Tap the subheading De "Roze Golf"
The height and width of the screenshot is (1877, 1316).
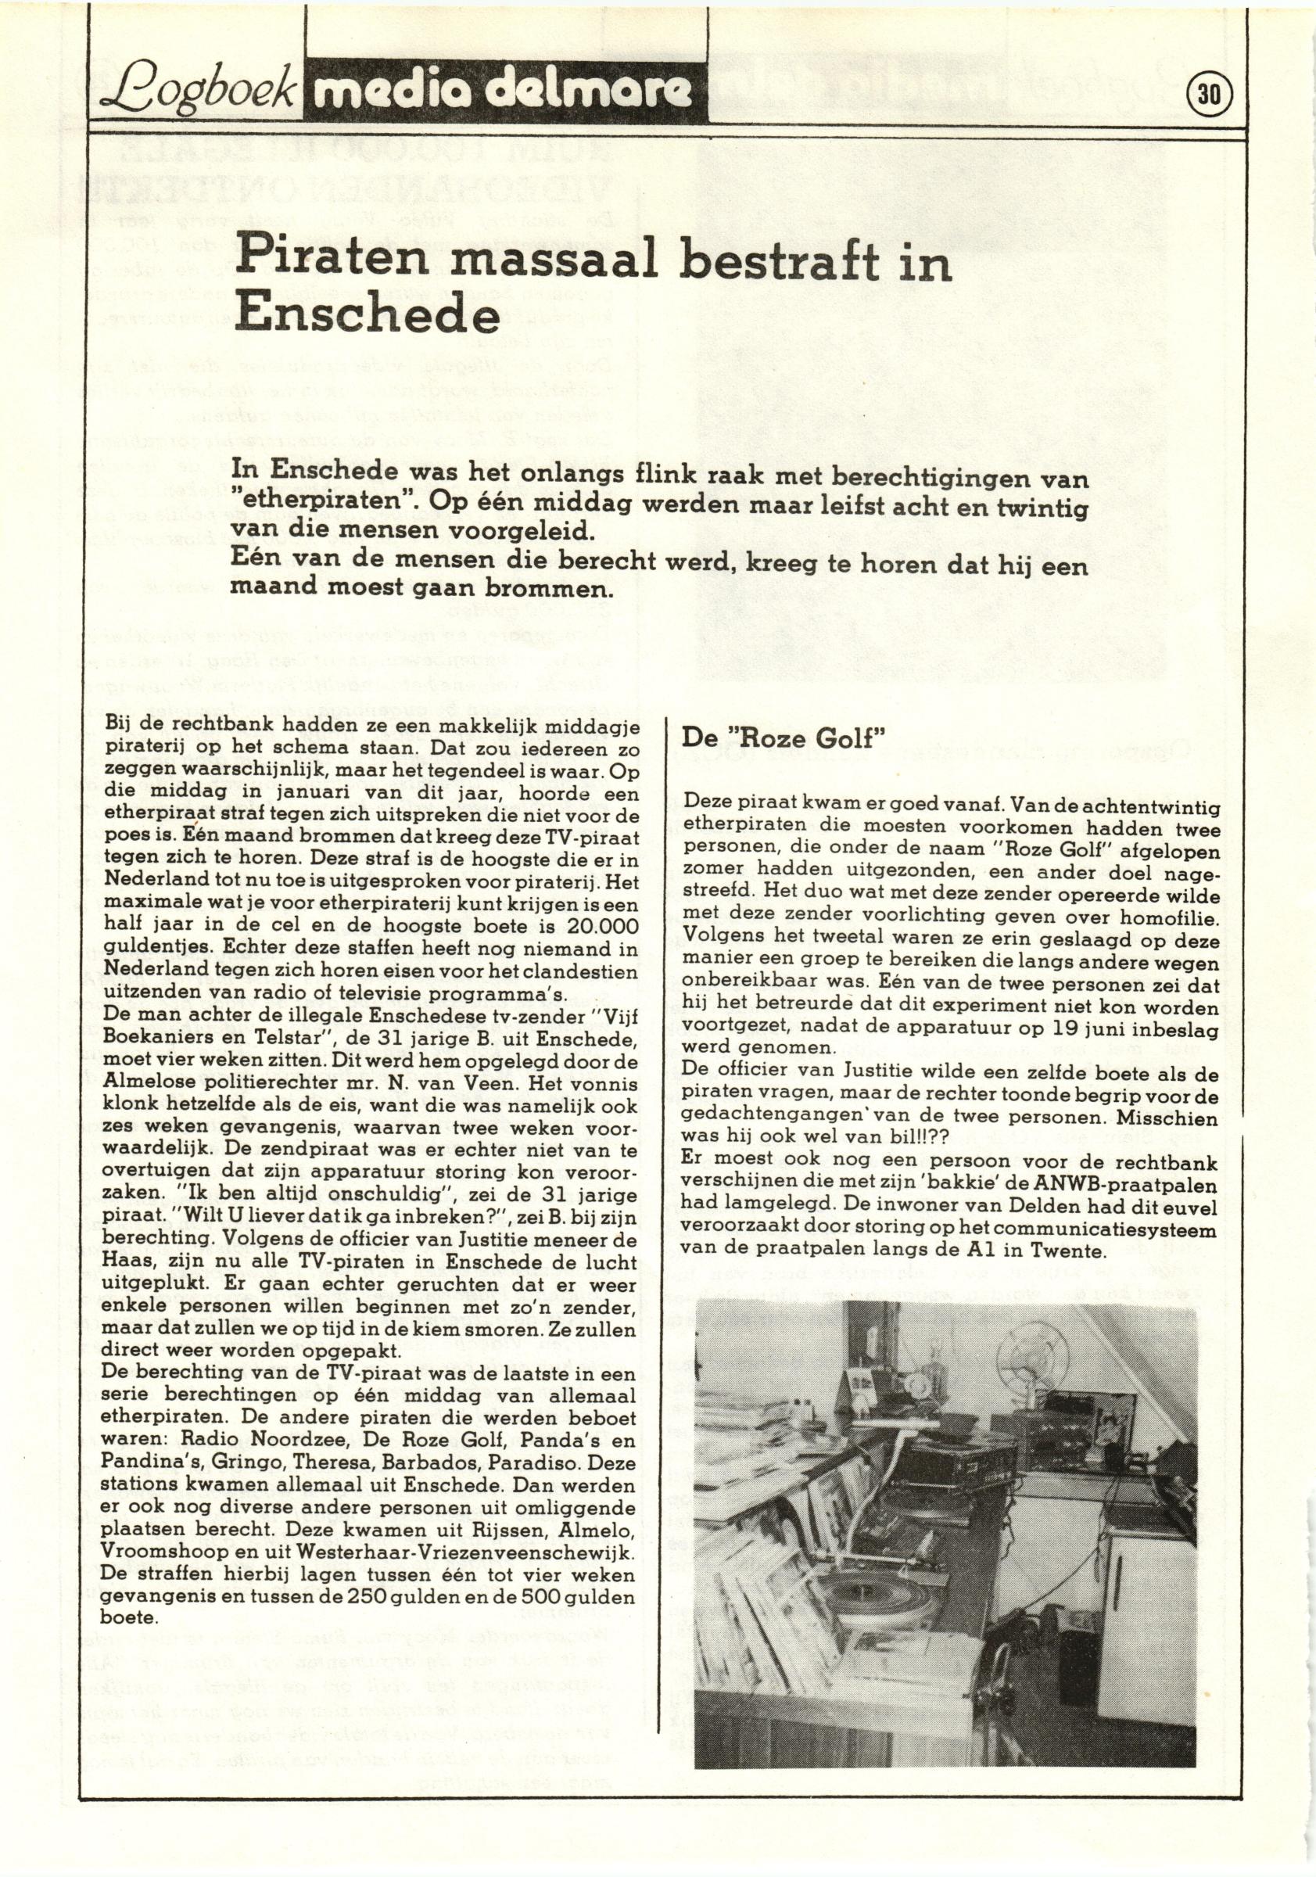point(784,739)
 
